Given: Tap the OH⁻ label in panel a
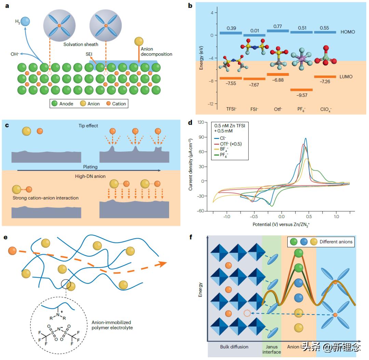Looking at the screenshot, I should pyautogui.click(x=15, y=53).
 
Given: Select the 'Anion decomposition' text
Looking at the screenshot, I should pyautogui.click(x=156, y=52).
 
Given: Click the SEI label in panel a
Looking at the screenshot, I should pyautogui.click(x=89, y=54).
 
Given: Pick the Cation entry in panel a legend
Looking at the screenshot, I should pyautogui.click(x=116, y=103).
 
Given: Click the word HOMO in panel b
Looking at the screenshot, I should pyautogui.click(x=348, y=32).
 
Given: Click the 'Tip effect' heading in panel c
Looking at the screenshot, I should pyautogui.click(x=88, y=126).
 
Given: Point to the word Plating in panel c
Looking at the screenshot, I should pyautogui.click(x=90, y=167).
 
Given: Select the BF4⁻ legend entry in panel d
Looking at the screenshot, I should pyautogui.click(x=224, y=149).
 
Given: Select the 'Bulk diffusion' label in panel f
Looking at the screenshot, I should pyautogui.click(x=234, y=347).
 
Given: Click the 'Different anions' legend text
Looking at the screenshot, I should pyautogui.click(x=336, y=242).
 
